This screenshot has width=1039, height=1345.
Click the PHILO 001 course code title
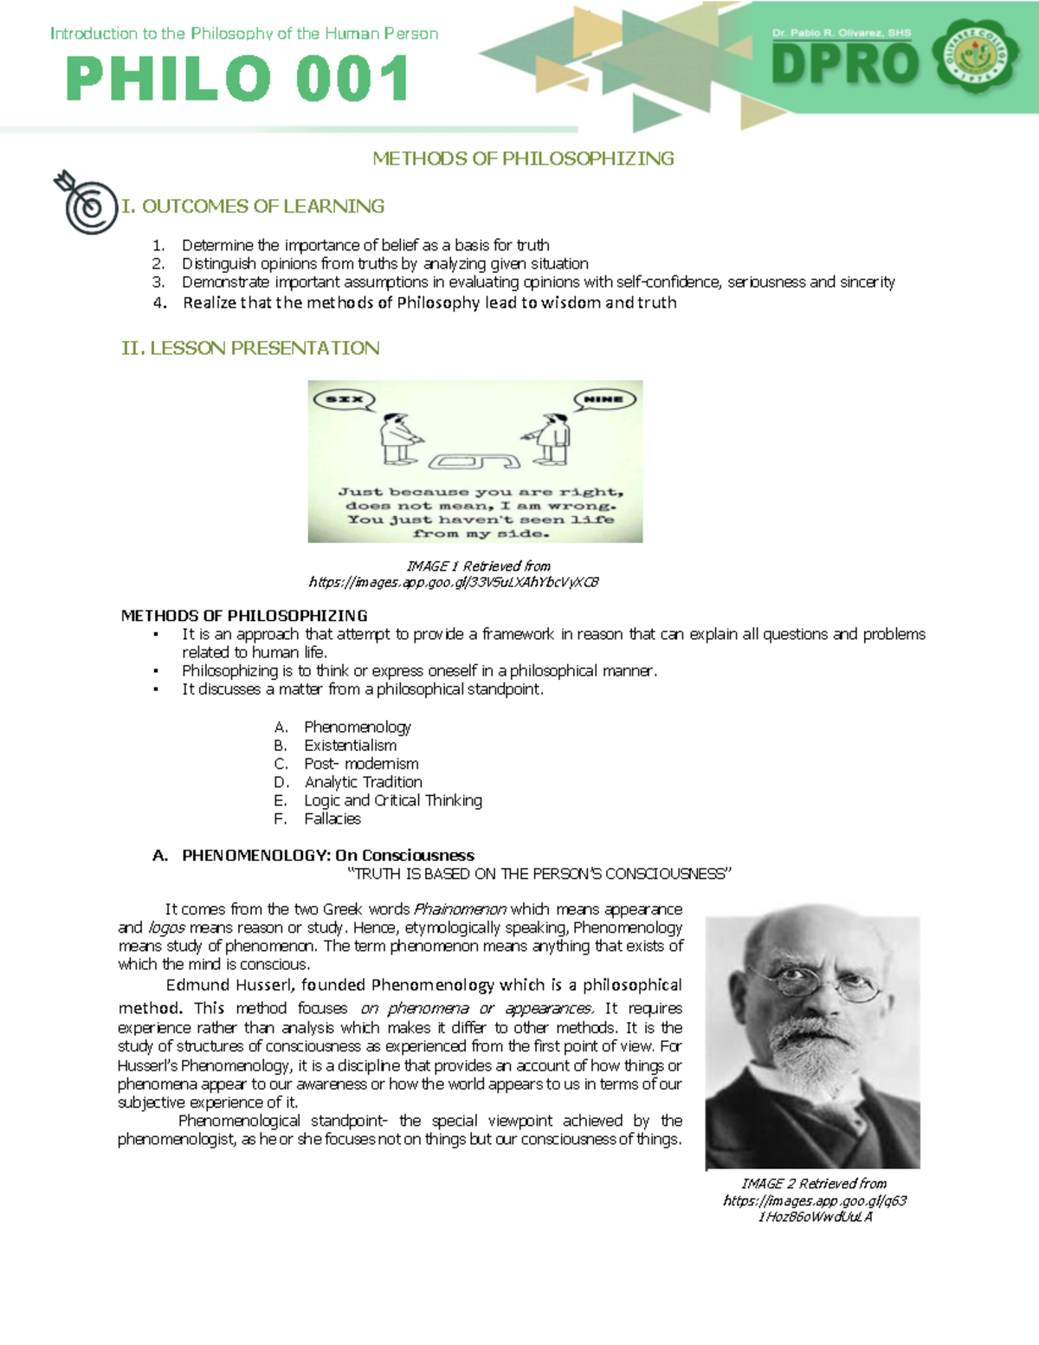coord(237,79)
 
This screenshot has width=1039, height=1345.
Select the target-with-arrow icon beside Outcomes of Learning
coord(86,202)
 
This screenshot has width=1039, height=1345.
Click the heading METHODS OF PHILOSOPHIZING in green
coord(523,158)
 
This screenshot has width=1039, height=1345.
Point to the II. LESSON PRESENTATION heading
coord(250,348)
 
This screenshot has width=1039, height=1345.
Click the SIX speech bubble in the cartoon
coord(344,399)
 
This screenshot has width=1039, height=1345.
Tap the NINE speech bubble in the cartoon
coord(604,399)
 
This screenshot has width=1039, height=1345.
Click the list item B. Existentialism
coord(349,746)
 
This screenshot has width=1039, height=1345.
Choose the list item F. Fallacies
coord(332,818)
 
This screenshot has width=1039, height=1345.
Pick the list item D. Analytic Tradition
coord(362,782)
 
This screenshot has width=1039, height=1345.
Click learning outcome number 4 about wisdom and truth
coord(429,303)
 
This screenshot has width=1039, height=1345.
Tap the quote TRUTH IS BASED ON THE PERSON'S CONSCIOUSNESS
coord(539,874)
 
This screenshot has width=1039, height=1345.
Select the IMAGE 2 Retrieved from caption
coord(814,1183)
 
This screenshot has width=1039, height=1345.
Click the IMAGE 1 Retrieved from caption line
coord(478,566)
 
